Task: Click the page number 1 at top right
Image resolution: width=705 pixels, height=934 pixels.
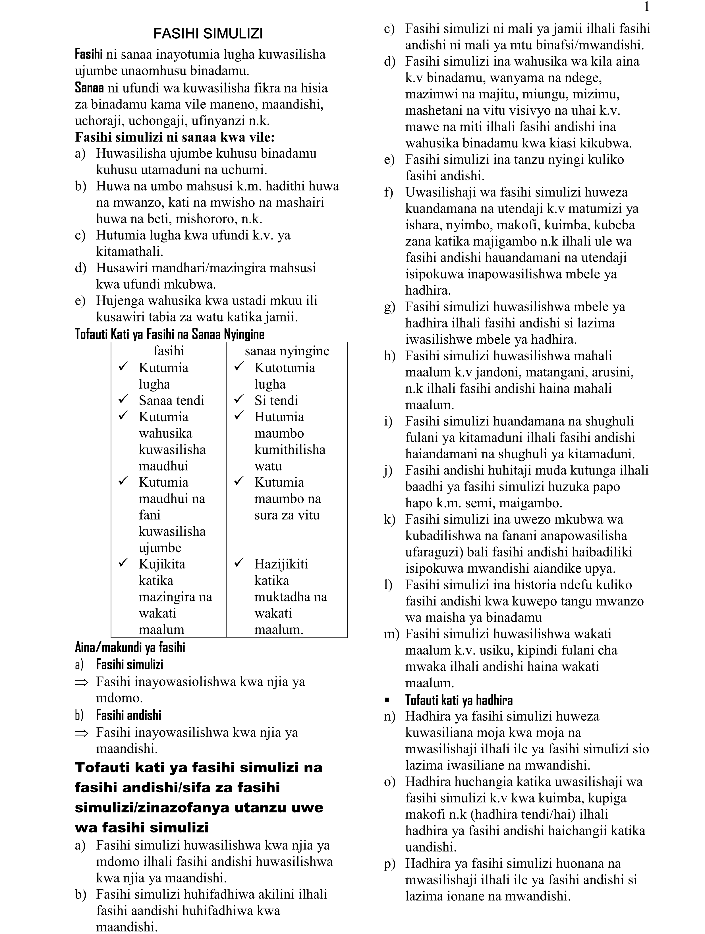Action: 646,7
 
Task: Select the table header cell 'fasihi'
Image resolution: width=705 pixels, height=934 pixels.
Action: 169,351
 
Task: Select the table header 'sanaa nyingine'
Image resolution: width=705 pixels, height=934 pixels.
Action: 287,351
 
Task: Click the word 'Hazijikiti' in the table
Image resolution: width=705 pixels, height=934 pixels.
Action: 281,564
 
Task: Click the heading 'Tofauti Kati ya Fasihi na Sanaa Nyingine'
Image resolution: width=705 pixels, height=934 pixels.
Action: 170,334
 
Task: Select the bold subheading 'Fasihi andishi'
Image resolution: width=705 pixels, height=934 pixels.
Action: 129,715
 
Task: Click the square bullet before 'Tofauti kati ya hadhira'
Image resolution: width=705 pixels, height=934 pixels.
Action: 387,700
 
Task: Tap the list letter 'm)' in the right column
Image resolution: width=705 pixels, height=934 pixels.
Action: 391,634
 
